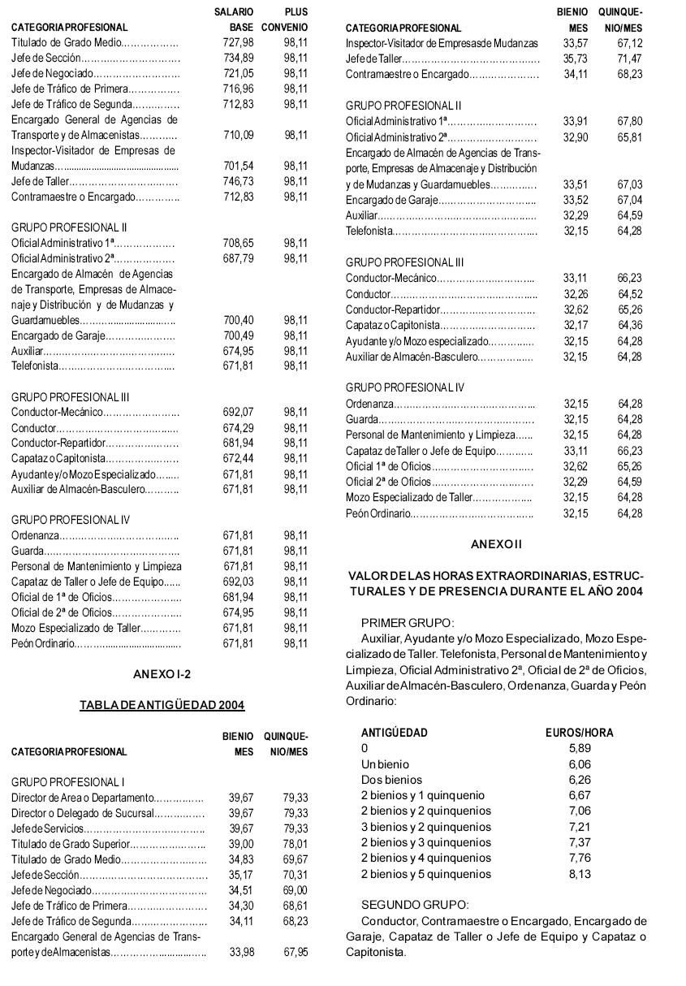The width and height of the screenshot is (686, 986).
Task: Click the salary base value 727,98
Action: point(238,42)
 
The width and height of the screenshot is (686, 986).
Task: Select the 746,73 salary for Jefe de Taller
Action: point(238,181)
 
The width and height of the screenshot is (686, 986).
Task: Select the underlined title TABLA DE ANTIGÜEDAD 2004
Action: point(162,705)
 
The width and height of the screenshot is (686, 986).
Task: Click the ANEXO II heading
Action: point(496,543)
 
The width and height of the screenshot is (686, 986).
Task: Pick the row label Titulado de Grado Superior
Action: point(67,844)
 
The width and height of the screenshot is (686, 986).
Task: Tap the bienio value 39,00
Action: point(240,844)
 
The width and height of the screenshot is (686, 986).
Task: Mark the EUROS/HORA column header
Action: point(579,733)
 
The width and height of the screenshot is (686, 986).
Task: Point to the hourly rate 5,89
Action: point(580,748)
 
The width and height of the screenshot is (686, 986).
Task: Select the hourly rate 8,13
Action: point(580,875)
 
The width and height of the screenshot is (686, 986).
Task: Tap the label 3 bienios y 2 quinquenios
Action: point(425,827)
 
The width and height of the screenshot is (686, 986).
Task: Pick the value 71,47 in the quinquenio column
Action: point(629,58)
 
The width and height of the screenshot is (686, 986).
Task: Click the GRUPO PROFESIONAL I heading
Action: point(67,782)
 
